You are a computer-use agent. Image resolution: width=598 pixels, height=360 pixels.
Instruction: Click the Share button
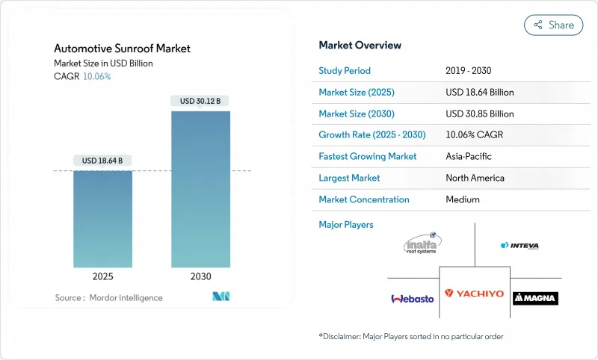point(553,25)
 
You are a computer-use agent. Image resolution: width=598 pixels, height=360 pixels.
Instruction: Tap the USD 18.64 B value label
point(102,161)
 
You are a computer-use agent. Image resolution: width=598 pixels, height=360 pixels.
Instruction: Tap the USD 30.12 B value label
point(200,101)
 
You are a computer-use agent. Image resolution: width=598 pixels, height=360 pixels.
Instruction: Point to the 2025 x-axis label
point(102,276)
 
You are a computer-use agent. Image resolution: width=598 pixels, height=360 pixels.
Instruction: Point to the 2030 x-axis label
point(200,276)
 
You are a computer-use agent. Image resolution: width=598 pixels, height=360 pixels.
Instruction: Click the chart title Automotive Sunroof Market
point(122,49)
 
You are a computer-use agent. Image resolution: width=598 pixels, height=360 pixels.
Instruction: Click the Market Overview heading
point(360,46)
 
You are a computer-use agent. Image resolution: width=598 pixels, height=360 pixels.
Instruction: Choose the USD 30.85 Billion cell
point(479,114)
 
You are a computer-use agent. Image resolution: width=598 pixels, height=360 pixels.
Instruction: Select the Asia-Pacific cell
point(469,157)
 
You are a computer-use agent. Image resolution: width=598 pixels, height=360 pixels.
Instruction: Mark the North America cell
point(475,178)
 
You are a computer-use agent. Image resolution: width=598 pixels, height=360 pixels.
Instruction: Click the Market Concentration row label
point(364,199)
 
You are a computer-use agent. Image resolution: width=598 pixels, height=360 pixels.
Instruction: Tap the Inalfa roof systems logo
point(422,243)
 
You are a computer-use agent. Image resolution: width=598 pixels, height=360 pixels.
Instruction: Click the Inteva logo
point(520,245)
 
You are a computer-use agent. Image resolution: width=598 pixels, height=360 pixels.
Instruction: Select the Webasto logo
point(412,298)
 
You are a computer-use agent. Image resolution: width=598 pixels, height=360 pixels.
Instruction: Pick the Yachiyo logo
point(474,294)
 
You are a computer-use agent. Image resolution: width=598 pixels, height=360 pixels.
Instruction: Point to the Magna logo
point(535,298)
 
